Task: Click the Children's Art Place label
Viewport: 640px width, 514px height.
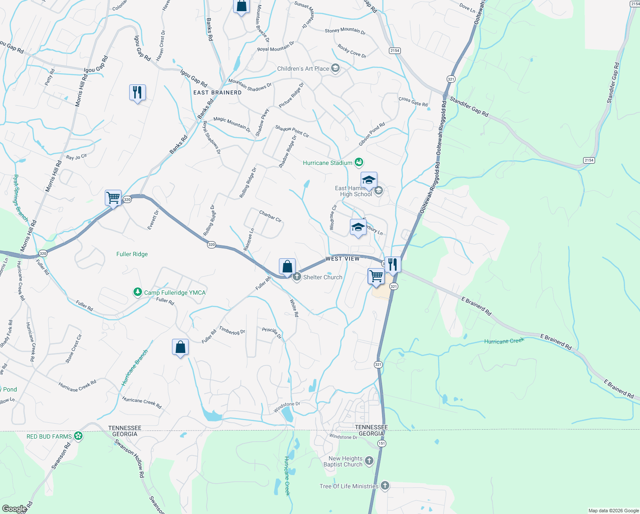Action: (303, 69)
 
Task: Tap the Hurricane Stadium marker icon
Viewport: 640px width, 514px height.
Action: (359, 162)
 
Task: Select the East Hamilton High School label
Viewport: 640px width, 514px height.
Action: (353, 191)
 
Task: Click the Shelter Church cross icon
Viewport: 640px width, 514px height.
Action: (296, 277)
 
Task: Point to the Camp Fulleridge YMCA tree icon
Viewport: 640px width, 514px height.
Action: (137, 292)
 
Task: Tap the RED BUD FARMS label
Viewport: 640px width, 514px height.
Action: (49, 436)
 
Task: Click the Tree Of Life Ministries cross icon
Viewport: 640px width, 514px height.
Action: (385, 486)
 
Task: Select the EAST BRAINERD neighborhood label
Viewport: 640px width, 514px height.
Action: (217, 93)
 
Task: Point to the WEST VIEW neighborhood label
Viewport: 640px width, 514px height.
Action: (343, 259)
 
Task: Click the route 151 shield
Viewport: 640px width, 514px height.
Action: (382, 443)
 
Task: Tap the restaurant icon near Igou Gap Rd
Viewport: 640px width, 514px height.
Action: (137, 92)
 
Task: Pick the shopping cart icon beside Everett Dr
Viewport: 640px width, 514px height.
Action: (113, 198)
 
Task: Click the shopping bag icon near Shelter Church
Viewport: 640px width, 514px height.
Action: (287, 266)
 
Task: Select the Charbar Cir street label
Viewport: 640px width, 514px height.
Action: (270, 216)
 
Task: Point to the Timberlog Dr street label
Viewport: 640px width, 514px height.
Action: (232, 330)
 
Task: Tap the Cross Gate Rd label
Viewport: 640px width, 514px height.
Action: (413, 102)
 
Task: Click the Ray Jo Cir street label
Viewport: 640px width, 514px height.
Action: (77, 157)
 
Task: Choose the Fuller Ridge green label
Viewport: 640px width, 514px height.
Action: (132, 254)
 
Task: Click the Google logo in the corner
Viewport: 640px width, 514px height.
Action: (14, 509)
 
